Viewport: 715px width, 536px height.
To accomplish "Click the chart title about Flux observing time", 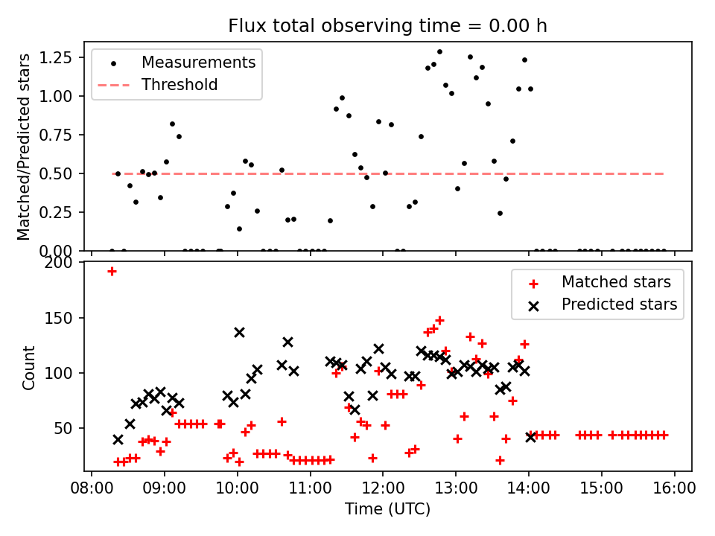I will (x=387, y=26).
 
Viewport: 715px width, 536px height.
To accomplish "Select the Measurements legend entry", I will (x=198, y=62).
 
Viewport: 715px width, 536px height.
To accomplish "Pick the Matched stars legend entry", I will (x=616, y=282).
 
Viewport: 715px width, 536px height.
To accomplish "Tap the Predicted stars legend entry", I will (x=619, y=304).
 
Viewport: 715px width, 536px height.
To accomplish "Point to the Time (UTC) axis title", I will (x=387, y=510).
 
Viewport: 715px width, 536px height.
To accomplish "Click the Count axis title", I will (x=29, y=366).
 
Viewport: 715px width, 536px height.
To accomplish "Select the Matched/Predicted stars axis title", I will (x=25, y=147).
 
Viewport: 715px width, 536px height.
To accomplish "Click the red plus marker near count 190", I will (x=112, y=271).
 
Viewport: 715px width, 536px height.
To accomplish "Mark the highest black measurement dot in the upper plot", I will (x=439, y=52).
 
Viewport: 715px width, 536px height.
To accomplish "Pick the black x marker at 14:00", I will (x=530, y=437).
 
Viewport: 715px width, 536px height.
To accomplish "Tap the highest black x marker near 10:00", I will (x=239, y=332).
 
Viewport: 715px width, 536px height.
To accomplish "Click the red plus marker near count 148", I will (x=439, y=320).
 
